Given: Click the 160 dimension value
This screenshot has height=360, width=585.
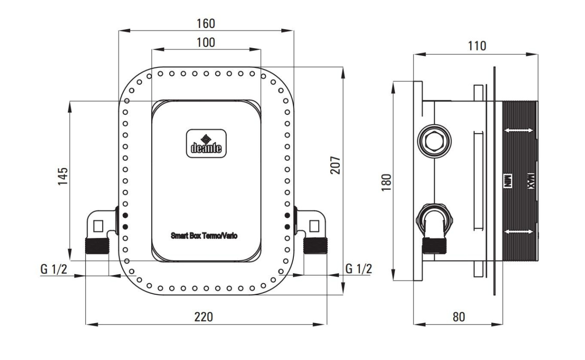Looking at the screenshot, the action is [206, 23].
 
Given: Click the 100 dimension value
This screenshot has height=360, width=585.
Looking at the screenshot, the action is [206, 43].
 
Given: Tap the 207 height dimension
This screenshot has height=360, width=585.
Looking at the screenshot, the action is [335, 165].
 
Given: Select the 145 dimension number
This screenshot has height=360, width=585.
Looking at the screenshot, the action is [63, 176].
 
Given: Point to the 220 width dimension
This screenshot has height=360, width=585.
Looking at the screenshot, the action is [204, 317].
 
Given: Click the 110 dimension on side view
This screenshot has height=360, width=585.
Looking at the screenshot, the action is [477, 46].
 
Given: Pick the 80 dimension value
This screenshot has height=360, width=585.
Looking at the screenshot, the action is [459, 317].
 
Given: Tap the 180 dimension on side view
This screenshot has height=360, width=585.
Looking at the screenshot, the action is [387, 182].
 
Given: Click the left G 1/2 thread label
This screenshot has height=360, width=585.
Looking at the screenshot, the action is [54, 269].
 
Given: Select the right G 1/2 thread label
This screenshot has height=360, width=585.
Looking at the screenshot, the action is [359, 269].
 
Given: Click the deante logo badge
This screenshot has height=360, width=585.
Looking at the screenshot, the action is [206, 144].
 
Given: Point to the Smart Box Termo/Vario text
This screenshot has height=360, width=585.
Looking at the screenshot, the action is [204, 236].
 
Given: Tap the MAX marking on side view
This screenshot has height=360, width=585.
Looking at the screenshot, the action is [531, 181].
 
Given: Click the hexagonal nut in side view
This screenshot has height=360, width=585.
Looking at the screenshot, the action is [434, 141].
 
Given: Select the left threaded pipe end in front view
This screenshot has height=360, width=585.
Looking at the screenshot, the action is [97, 246].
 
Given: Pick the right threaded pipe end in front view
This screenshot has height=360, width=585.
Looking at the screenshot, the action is [315, 245].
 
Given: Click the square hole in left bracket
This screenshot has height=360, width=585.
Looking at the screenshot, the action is [98, 226].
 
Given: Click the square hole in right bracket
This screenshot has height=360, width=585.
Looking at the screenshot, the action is [314, 226].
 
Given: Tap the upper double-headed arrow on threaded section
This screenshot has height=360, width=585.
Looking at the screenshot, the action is [519, 130].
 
